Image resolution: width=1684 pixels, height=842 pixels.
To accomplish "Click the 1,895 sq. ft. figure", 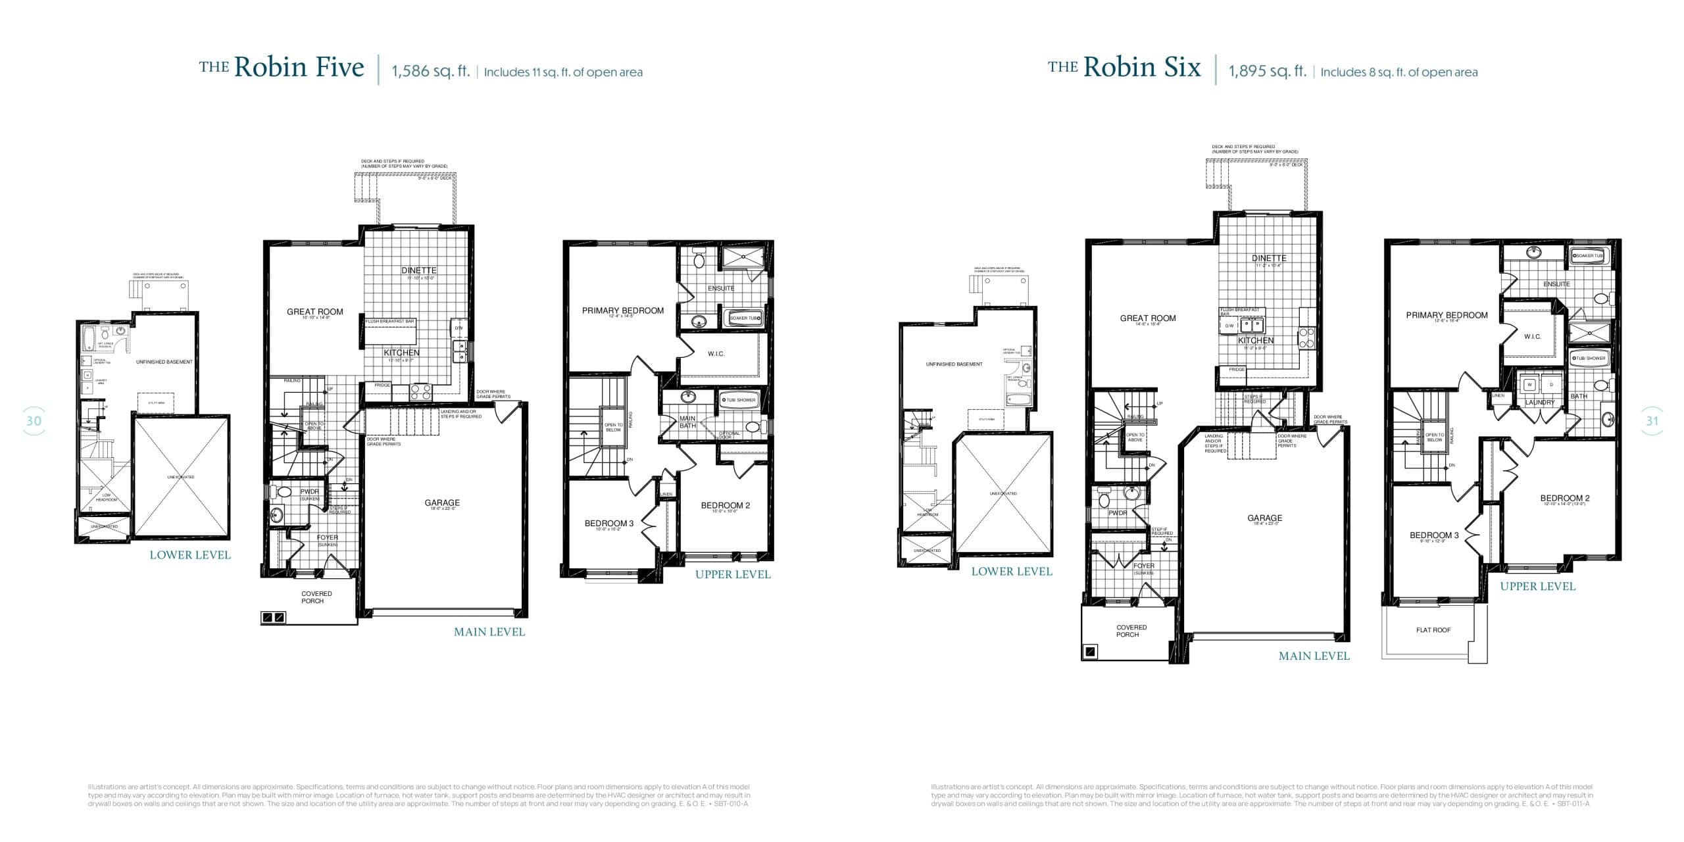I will [x=1267, y=71].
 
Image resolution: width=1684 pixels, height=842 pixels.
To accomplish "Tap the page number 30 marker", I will [x=34, y=421].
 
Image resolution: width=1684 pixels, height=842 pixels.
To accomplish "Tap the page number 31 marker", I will [x=1652, y=421].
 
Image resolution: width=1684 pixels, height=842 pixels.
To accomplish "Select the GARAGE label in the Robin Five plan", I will [x=442, y=503].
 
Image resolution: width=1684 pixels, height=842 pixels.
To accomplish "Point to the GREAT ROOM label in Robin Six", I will [x=1148, y=318].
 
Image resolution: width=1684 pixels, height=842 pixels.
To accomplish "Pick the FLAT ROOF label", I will [x=1433, y=630].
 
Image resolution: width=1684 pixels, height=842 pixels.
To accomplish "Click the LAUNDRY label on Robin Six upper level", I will [x=1540, y=402].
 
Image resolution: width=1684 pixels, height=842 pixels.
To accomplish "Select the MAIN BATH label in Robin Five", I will [x=687, y=422].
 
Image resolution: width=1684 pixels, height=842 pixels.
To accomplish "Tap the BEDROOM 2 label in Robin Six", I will [x=1564, y=498].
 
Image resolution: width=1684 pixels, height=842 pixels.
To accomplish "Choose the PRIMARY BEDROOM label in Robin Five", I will [x=622, y=310].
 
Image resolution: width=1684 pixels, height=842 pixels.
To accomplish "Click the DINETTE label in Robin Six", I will [x=1269, y=259].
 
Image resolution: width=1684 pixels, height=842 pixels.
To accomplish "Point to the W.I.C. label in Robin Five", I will [x=716, y=354].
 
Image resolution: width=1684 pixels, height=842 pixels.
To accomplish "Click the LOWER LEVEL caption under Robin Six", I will [x=1012, y=572].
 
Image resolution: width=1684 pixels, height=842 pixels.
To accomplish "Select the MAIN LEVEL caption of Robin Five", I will [x=489, y=632].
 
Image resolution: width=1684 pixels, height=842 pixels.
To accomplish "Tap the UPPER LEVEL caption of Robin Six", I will [x=1537, y=586].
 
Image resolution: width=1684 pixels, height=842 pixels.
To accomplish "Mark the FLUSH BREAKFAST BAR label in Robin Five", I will [x=390, y=321].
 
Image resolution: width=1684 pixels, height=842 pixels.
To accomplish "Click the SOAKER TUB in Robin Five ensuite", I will [x=745, y=318].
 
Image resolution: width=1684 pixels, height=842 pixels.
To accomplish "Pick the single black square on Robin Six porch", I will [x=1091, y=652].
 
